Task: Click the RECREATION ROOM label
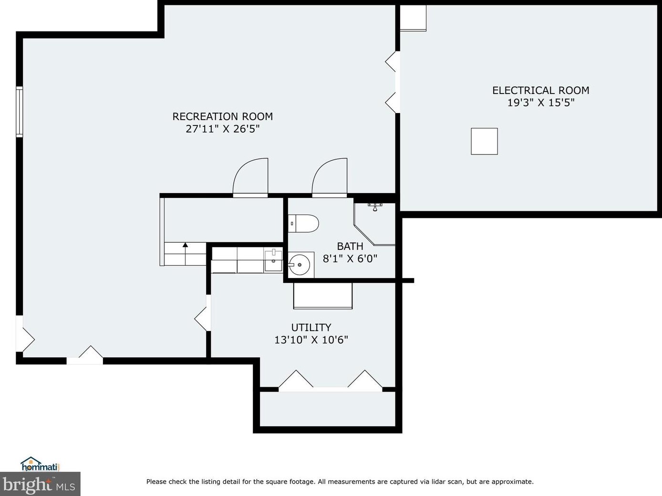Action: click(x=223, y=116)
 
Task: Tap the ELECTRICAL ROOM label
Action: click(x=541, y=90)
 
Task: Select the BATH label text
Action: click(x=350, y=247)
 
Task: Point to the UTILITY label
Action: click(x=311, y=327)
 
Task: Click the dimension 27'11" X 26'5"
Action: click(x=223, y=129)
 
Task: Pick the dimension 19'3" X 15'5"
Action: click(x=541, y=103)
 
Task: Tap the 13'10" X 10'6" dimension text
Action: click(x=311, y=340)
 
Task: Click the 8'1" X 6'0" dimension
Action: click(x=350, y=258)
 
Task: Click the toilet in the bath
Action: click(x=303, y=223)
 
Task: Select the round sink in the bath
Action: click(x=299, y=265)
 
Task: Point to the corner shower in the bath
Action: click(x=374, y=224)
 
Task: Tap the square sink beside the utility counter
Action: click(x=273, y=260)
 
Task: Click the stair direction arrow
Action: click(x=185, y=254)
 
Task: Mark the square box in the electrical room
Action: click(x=484, y=142)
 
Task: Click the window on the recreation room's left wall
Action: click(x=19, y=112)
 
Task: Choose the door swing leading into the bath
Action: click(x=330, y=177)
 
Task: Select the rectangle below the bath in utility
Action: click(x=323, y=296)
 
